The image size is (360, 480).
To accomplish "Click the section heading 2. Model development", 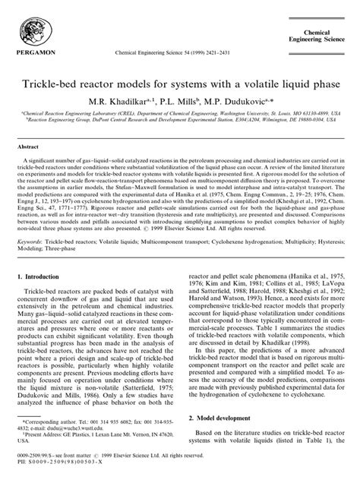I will pos(219,415).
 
